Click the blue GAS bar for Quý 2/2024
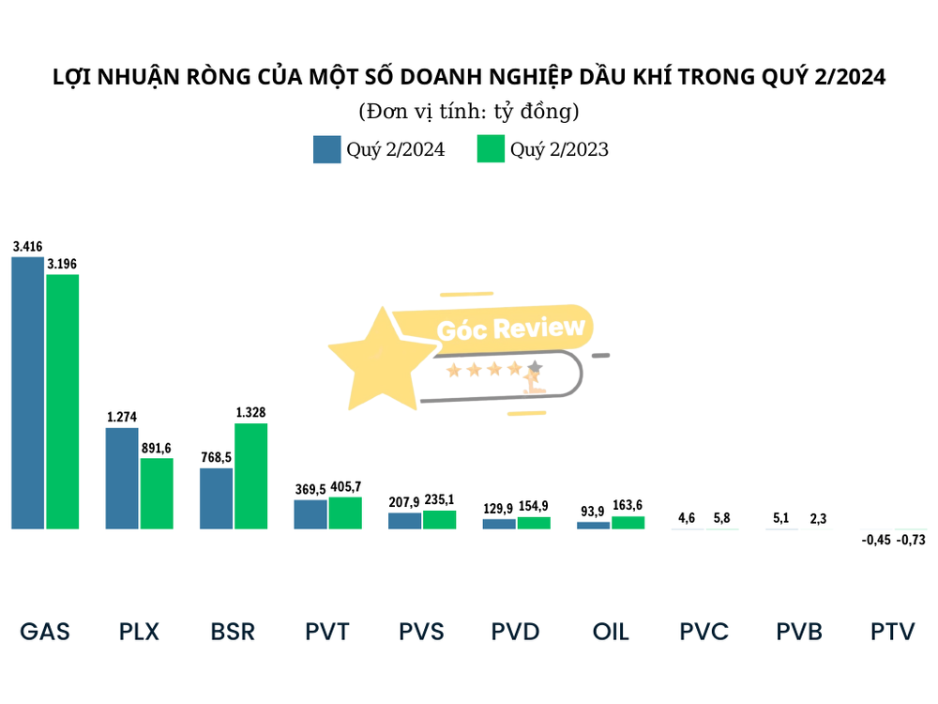27,392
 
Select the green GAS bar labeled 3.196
63,402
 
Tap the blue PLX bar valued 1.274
122,478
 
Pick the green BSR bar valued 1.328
250,476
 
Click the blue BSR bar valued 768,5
216,498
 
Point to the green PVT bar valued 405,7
345,513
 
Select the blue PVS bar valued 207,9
405,520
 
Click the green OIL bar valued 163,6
628,523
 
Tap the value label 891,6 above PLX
157,449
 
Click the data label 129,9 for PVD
498,508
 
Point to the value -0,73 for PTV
911,540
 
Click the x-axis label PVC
703,631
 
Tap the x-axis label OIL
611,631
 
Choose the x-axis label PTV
892,631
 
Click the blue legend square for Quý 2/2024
326,149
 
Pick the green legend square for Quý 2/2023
491,149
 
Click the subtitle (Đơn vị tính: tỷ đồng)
469,112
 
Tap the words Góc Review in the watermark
511,329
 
